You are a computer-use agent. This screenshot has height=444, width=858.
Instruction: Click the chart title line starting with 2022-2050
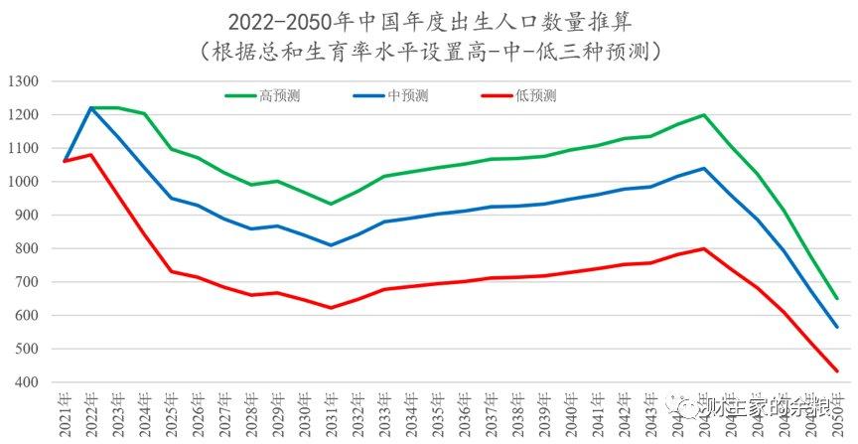[429, 20]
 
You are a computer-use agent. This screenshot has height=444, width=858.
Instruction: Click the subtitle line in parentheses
[429, 49]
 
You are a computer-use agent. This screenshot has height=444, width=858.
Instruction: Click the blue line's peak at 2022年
[91, 107]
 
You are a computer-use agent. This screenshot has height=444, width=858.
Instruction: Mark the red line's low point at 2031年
[332, 308]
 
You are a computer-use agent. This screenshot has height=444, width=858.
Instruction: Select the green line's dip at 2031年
[332, 204]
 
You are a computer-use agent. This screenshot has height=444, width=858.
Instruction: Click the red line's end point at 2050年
[836, 370]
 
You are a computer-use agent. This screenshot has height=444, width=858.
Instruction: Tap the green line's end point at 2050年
[836, 298]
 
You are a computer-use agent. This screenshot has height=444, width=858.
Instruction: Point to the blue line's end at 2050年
[836, 327]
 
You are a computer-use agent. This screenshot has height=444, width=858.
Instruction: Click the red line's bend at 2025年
[172, 271]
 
